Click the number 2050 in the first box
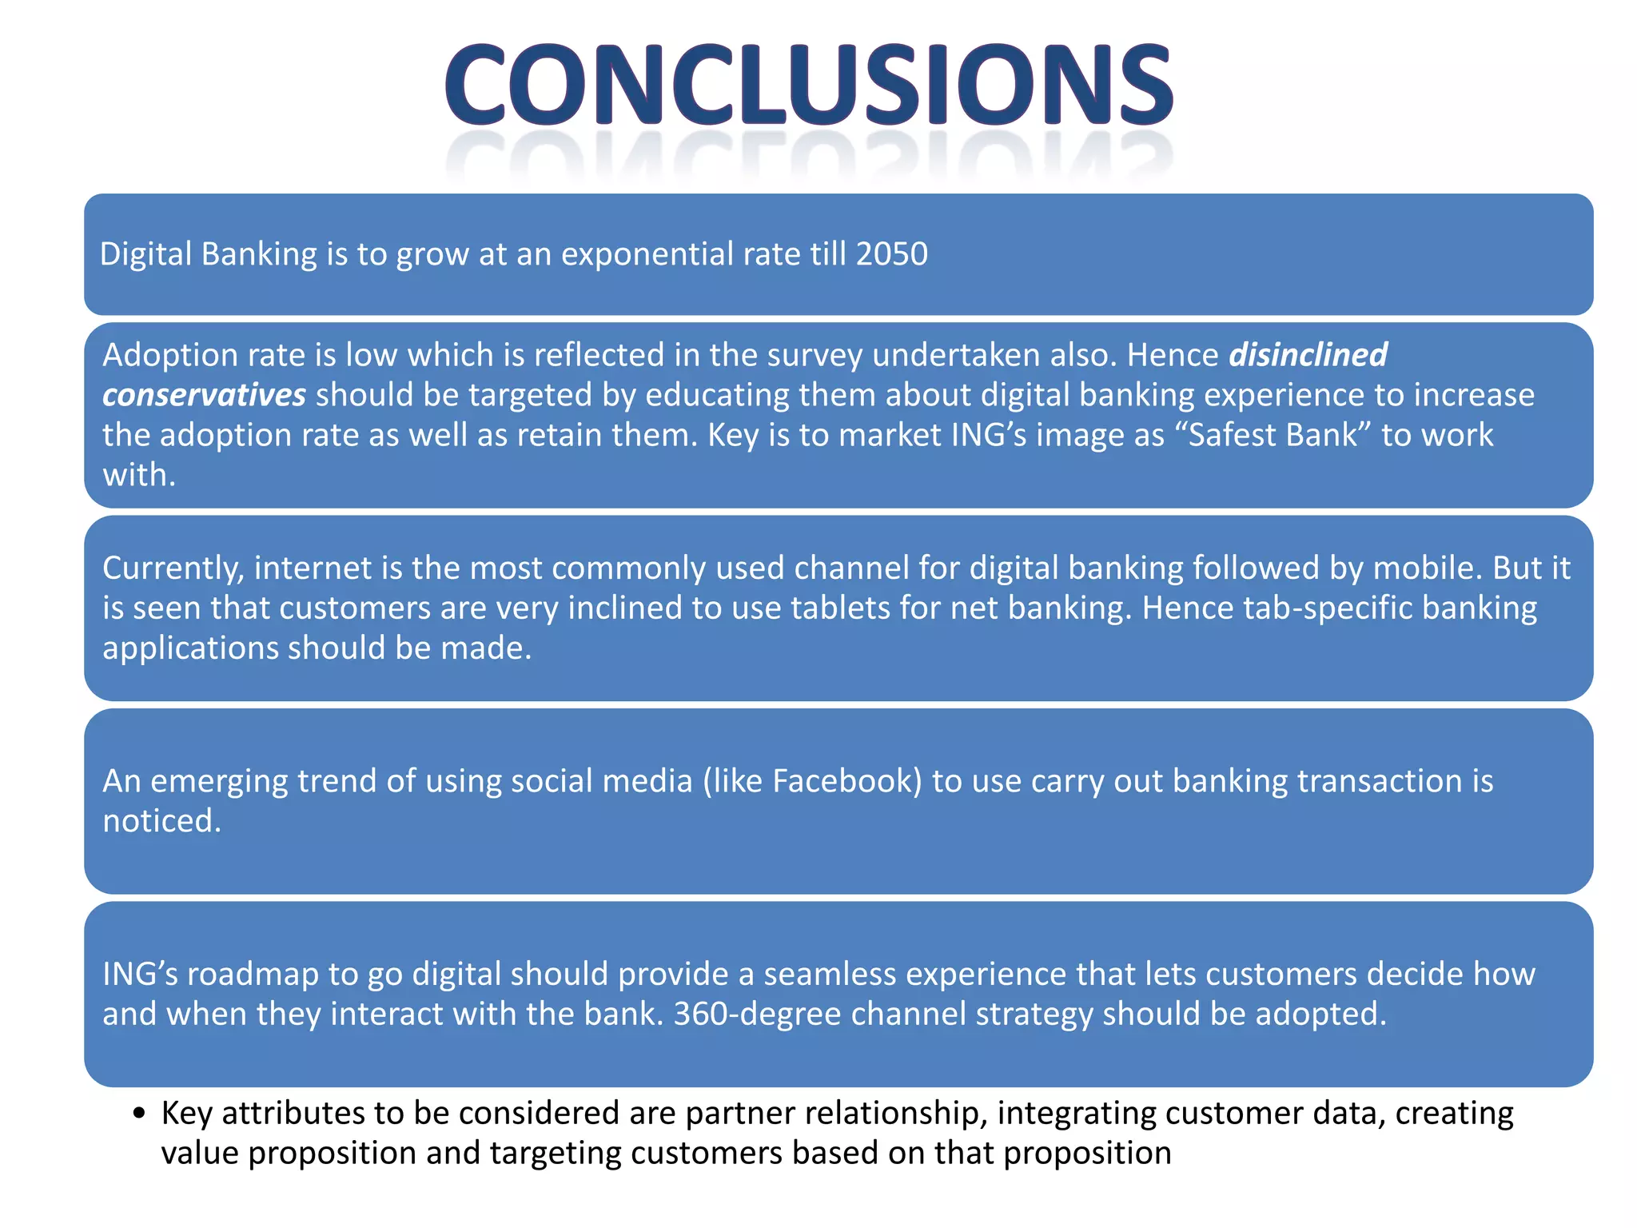892,254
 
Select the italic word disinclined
1308,355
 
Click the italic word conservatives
204,395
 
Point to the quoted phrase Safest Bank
1273,435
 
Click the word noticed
161,821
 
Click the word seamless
830,974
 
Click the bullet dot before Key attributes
140,1114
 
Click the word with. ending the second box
139,475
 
